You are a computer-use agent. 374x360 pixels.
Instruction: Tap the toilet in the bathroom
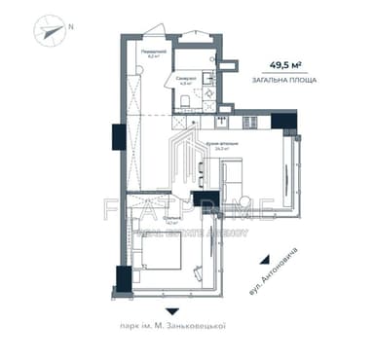[x=197, y=98]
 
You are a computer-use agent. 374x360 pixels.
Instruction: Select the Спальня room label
[x=147, y=221]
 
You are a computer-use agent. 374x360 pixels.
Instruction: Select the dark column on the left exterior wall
[x=115, y=135]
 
